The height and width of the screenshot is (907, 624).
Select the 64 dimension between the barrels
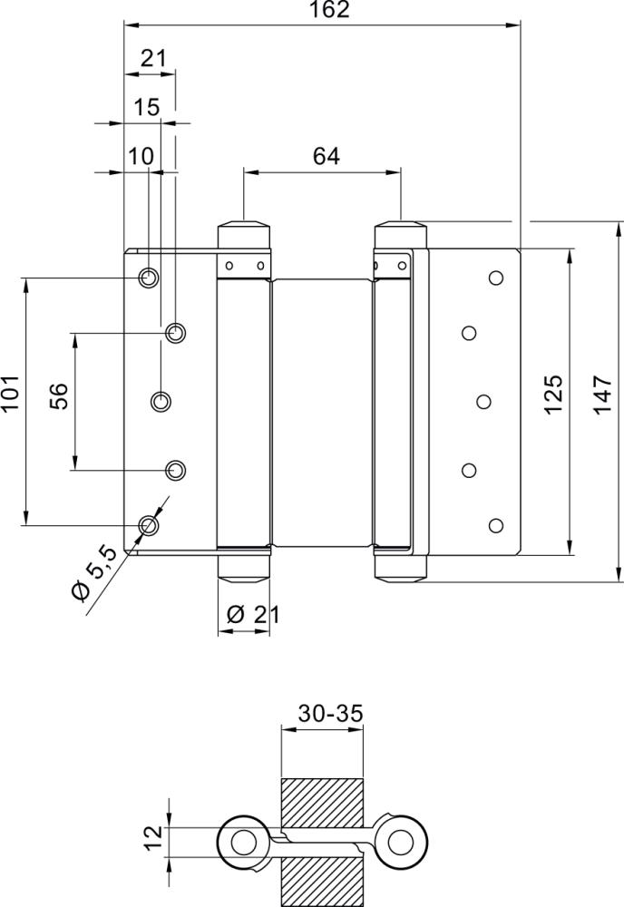coord(326,156)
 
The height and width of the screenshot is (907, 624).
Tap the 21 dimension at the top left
coord(154,59)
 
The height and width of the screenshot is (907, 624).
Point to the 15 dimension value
coord(146,107)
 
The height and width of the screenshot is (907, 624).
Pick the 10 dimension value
coord(141,156)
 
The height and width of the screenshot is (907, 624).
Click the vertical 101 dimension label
coord(11,395)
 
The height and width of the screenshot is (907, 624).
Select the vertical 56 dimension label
coord(58,396)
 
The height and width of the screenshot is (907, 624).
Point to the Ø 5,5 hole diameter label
coord(93,573)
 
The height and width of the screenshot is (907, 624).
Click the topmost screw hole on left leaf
coord(148,277)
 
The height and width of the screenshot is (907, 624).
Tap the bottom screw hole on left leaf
coord(148,524)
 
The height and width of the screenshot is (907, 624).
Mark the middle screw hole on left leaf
coord(161,400)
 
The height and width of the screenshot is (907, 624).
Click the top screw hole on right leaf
coord(495,277)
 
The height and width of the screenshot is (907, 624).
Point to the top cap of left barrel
coord(245,230)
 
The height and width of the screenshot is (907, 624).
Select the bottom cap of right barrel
coord(400,568)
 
